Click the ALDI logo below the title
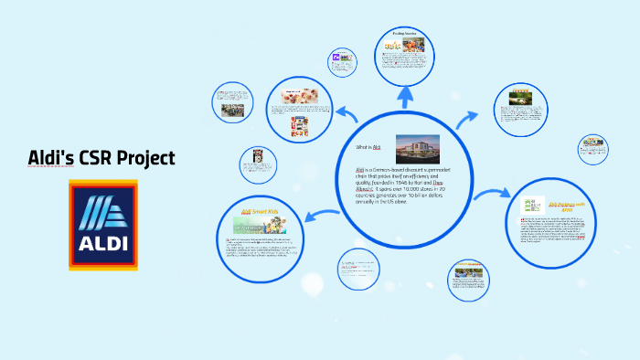click(102, 225)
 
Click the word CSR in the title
click(96, 157)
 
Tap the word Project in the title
click(146, 158)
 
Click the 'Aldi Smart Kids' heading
click(259, 212)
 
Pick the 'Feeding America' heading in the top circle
click(405, 34)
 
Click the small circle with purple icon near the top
click(343, 62)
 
